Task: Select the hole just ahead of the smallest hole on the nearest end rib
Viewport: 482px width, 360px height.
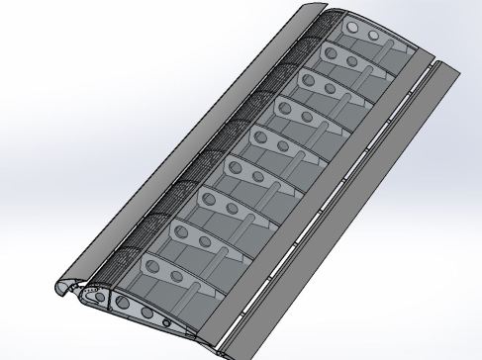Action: pyautogui.click(x=147, y=313)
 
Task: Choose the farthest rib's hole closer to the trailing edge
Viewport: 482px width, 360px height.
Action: pyautogui.click(x=374, y=36)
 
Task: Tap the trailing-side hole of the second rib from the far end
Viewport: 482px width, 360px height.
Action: pyautogui.click(x=357, y=59)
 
